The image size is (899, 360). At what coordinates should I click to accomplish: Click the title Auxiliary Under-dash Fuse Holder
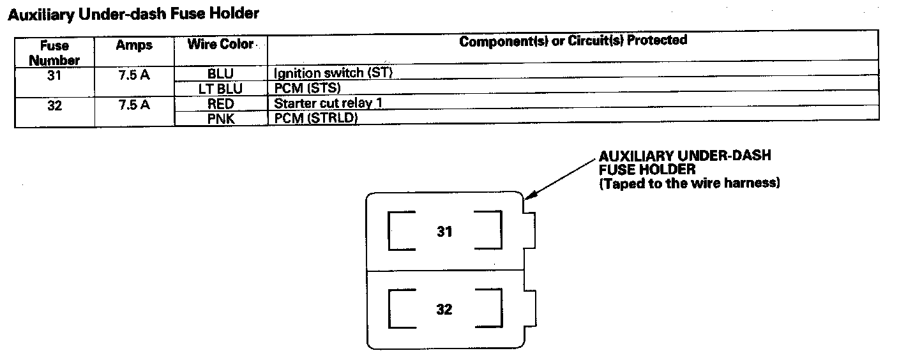(x=133, y=14)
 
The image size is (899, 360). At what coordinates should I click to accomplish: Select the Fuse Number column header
(x=54, y=53)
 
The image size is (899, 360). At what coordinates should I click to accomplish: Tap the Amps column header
(x=134, y=46)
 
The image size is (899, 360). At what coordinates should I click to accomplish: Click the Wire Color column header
(x=220, y=45)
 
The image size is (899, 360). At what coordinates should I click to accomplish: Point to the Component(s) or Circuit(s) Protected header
(x=573, y=41)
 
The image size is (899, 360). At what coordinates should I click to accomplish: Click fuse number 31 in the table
(x=54, y=73)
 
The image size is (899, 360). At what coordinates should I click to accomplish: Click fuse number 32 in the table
(x=54, y=105)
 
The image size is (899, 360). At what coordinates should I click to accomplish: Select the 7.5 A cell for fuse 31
(x=134, y=74)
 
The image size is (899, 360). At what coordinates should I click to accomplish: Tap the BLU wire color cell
(x=220, y=73)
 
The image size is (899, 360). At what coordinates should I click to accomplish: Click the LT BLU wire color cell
(x=220, y=89)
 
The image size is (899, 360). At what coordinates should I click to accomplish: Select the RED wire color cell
(x=220, y=103)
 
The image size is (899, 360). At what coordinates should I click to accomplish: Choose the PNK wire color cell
(x=220, y=119)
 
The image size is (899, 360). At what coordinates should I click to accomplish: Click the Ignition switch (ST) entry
(x=332, y=73)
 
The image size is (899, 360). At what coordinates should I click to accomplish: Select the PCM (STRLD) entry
(x=315, y=119)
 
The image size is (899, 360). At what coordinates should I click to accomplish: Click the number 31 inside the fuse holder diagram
(x=444, y=232)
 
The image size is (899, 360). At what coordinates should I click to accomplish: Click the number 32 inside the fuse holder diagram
(x=444, y=310)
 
